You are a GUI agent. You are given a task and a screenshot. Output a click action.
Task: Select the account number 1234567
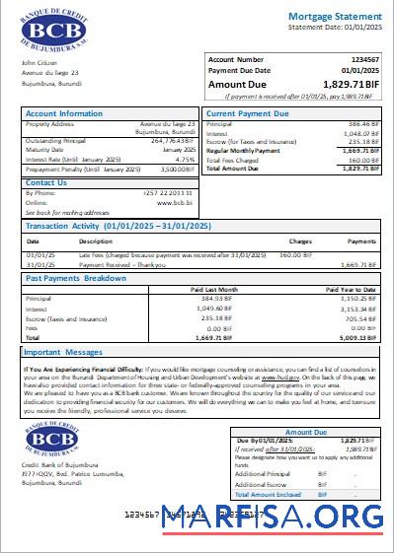(x=364, y=60)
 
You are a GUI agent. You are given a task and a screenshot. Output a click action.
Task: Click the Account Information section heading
(x=64, y=114)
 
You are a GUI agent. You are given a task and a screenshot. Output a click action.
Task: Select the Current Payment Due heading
(x=248, y=114)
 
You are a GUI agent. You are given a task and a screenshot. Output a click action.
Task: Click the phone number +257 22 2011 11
(x=168, y=193)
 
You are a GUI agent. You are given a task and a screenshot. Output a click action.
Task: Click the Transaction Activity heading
(x=118, y=227)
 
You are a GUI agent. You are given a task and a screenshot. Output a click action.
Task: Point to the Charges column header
(x=300, y=241)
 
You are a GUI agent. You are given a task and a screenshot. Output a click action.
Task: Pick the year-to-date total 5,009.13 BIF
(x=360, y=335)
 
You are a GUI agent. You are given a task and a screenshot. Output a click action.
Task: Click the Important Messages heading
(x=63, y=352)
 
